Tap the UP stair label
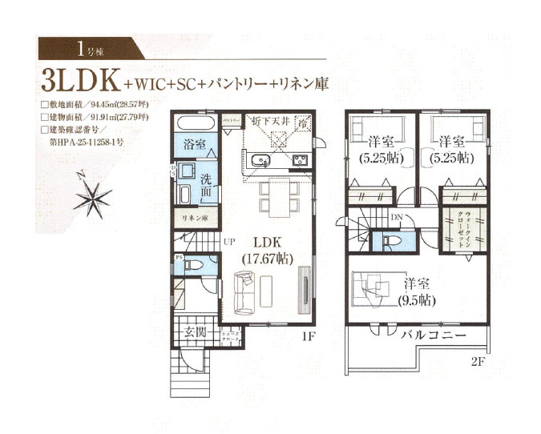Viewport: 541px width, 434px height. pos(229,240)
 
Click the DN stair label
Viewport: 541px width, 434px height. pos(396,218)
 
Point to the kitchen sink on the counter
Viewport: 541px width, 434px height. pos(262,163)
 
